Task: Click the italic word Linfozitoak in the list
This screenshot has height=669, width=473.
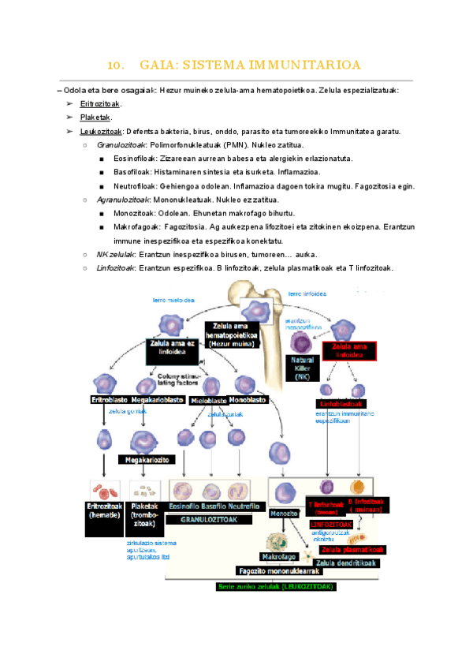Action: (x=115, y=268)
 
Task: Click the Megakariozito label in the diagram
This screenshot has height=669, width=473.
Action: (x=144, y=459)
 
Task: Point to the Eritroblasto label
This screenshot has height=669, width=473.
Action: (x=110, y=400)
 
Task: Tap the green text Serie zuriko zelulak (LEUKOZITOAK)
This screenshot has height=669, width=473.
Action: (x=275, y=587)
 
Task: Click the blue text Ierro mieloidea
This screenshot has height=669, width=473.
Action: (x=174, y=301)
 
